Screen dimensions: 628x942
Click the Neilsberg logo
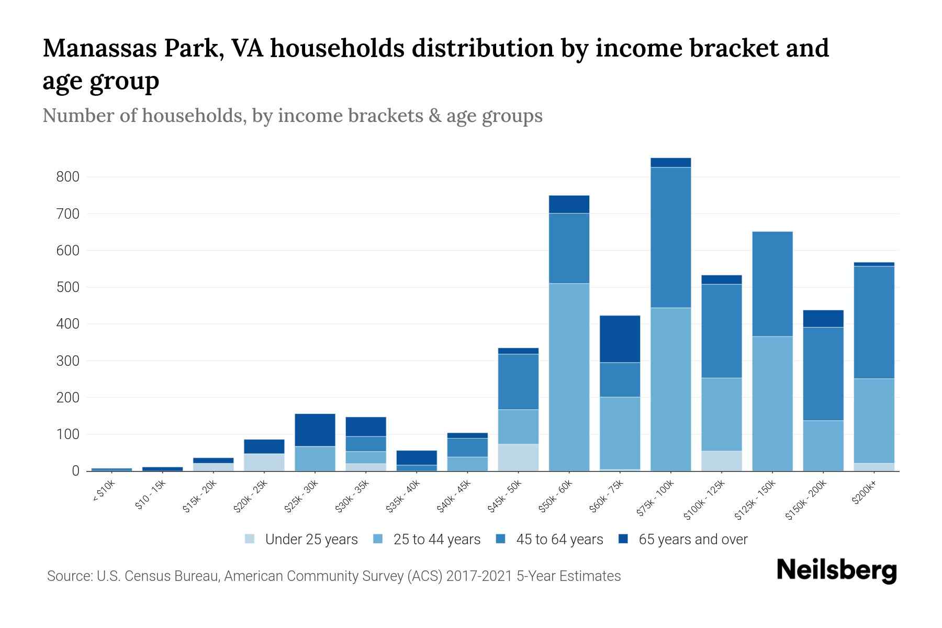point(836,570)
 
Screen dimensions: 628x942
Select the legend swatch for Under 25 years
point(250,539)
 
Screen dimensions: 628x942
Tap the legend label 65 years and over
point(693,540)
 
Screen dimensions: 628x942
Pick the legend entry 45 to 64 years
point(559,540)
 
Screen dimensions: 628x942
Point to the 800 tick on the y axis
point(68,177)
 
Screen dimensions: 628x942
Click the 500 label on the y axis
point(68,287)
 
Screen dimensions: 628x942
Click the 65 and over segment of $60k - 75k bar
point(620,339)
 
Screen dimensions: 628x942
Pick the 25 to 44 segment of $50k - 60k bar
point(569,377)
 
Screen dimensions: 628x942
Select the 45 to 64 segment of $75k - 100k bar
point(671,238)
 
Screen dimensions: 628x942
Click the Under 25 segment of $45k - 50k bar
point(519,457)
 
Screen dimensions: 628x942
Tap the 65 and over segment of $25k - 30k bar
point(315,430)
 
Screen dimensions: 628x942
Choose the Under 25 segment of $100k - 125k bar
point(722,461)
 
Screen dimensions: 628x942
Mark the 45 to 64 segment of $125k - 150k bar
point(772,284)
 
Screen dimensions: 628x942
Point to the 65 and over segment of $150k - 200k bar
point(823,319)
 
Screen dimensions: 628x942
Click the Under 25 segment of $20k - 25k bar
point(264,462)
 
